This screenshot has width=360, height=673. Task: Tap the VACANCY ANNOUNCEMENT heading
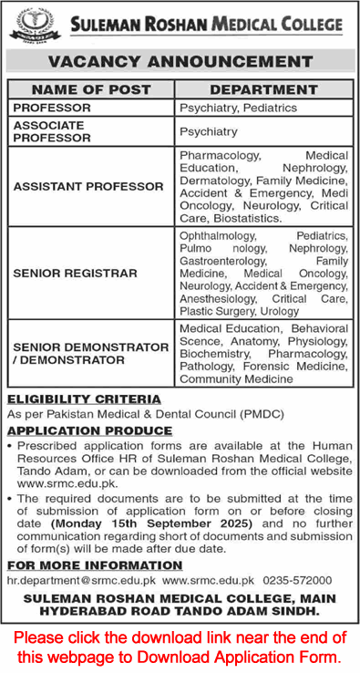coord(180,62)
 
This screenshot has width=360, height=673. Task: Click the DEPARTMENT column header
coord(263,90)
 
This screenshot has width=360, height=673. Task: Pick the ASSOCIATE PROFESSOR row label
coord(52,131)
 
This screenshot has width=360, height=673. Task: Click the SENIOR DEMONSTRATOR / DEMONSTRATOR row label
coord(77,353)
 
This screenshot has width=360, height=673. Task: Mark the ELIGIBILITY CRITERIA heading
coord(84,399)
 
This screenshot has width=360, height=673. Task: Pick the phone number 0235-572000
coord(297,554)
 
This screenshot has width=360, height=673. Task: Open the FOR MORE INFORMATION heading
coord(81,539)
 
